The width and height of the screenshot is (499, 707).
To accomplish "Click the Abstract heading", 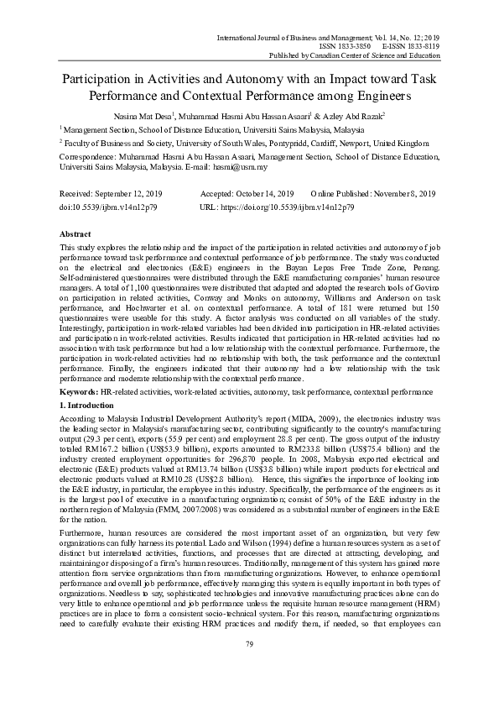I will (x=76, y=233).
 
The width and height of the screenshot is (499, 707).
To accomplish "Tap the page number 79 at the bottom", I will (x=249, y=668).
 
